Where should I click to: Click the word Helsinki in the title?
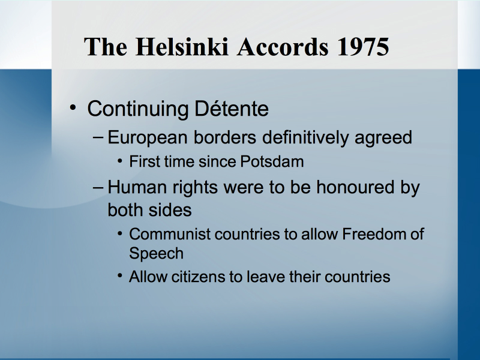pos(182,47)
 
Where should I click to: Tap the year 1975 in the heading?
pos(363,47)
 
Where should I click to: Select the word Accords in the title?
pos(283,47)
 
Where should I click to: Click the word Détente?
pos(232,109)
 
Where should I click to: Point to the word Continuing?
pos(138,109)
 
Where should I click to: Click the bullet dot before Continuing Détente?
pos(73,107)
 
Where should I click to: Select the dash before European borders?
pos(98,137)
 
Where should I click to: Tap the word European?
pos(148,138)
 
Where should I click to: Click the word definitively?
pos(305,137)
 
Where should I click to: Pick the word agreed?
pos(383,138)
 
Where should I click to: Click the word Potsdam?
pos(272,161)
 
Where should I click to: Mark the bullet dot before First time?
pos(120,161)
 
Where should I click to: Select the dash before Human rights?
pos(98,187)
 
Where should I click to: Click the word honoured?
pos(355,187)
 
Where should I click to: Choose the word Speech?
pos(156,254)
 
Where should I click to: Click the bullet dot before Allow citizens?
pos(120,276)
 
